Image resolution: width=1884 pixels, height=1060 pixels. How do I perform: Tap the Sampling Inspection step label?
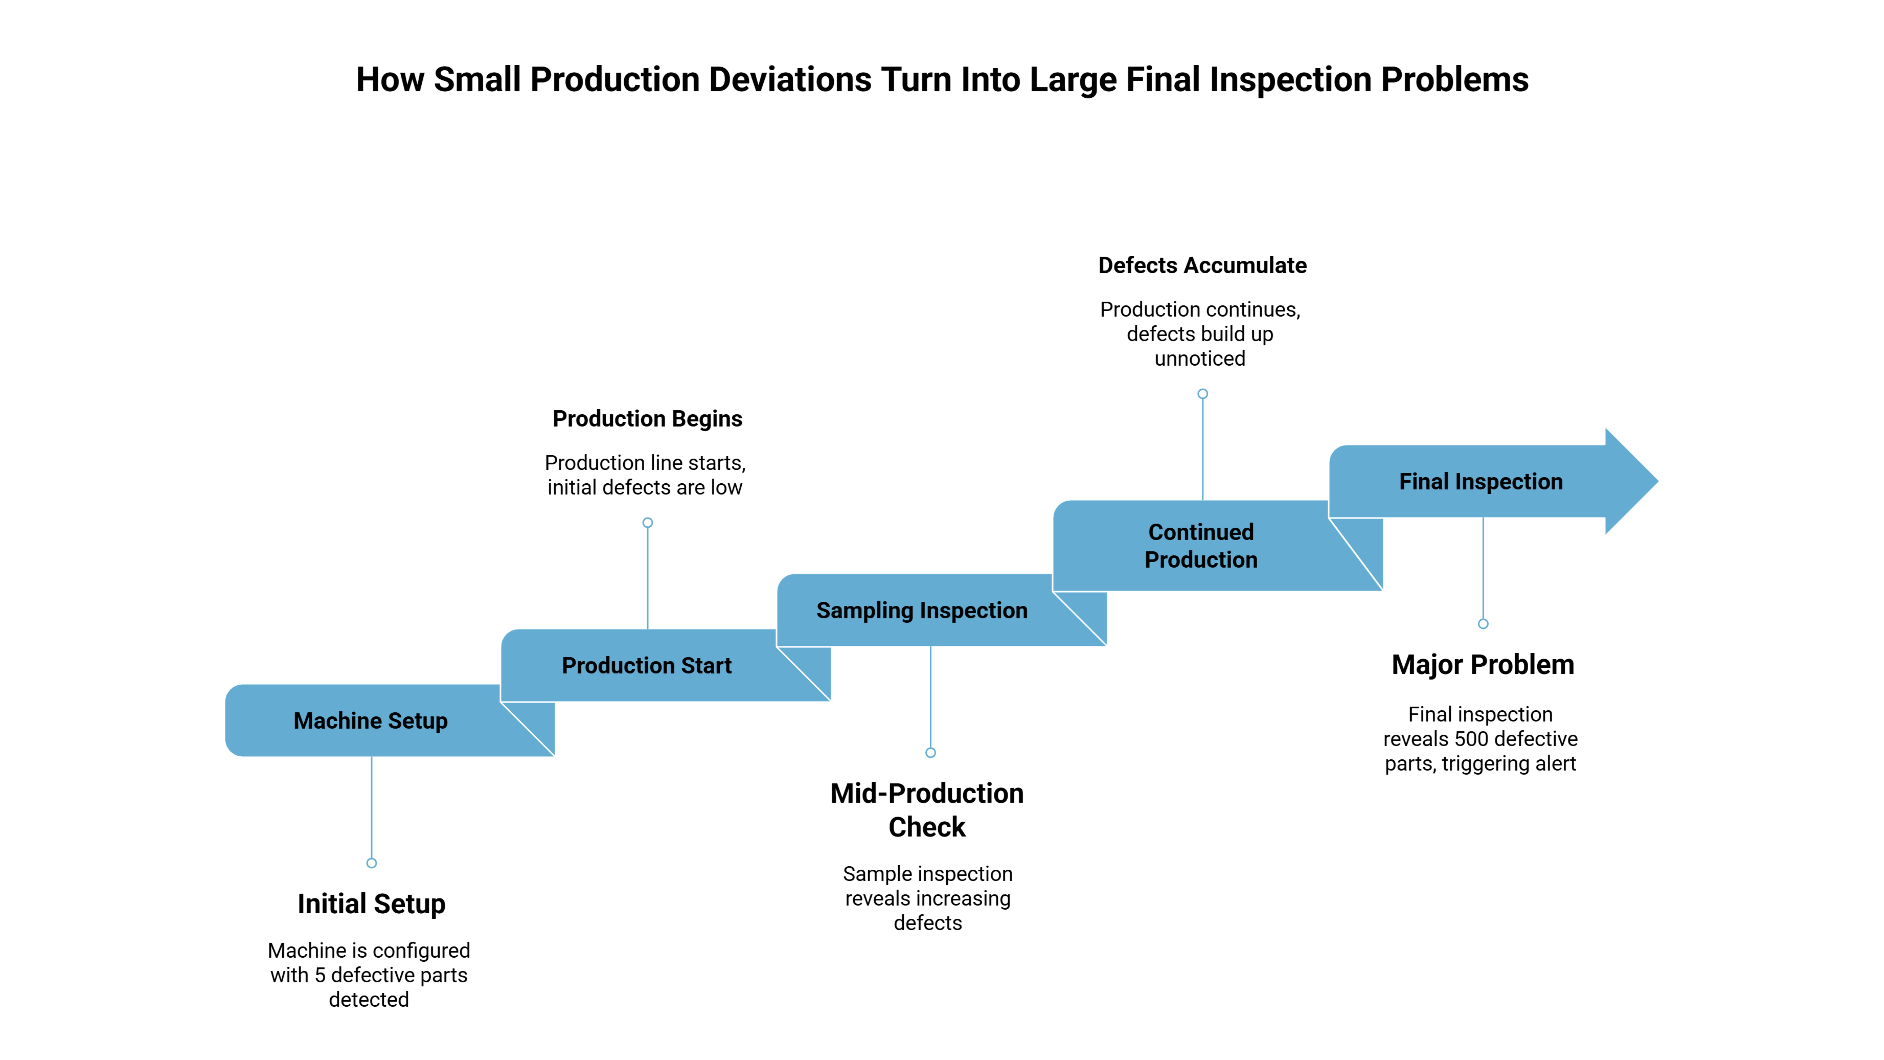tap(922, 610)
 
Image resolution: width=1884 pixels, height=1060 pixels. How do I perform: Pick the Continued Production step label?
tap(1201, 546)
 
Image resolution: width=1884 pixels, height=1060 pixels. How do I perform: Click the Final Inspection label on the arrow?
tap(1481, 481)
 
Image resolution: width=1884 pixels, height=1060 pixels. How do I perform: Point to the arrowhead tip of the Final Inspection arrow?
tap(1658, 481)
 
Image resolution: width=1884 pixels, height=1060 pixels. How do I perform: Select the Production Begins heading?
tap(647, 418)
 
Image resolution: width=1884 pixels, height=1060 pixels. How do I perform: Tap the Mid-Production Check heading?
tap(927, 810)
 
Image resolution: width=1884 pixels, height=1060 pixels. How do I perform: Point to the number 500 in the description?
tap(1477, 739)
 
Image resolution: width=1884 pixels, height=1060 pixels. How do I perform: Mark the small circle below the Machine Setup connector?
tap(371, 863)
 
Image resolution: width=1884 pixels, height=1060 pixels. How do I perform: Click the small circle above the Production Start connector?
tap(647, 522)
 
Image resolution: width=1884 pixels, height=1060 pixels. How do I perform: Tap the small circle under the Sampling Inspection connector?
tap(930, 753)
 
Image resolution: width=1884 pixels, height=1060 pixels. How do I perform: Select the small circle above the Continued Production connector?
tap(1202, 394)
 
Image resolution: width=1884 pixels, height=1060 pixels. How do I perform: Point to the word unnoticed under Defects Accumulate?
tap(1199, 358)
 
